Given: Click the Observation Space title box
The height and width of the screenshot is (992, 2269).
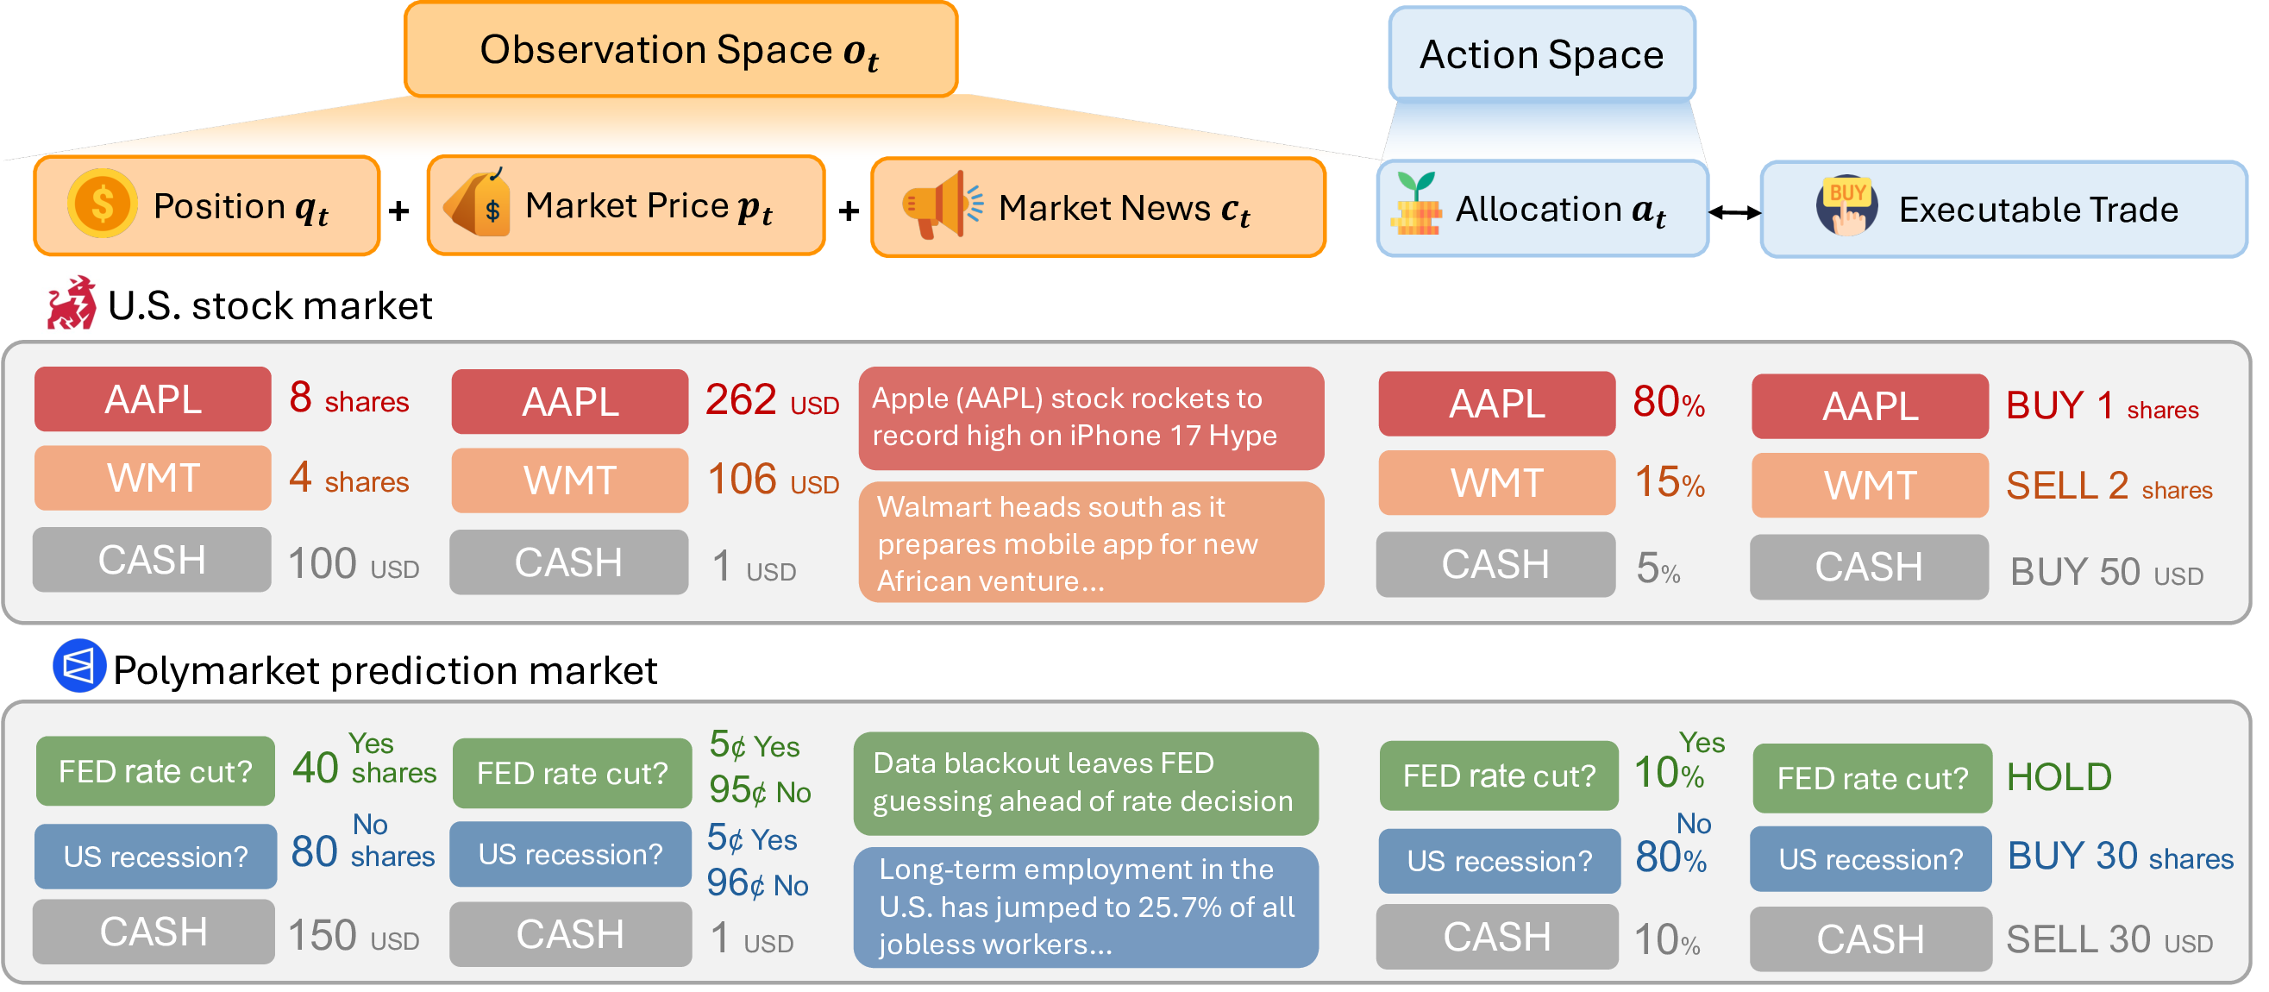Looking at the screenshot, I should click(680, 49).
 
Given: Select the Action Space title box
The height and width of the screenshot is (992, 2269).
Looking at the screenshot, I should click(1541, 54).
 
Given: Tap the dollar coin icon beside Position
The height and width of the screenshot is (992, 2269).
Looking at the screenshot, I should click(102, 204).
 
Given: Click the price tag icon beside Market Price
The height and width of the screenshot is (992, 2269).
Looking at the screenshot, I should click(479, 204).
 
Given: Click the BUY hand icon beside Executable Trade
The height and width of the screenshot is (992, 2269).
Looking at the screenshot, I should click(1846, 206).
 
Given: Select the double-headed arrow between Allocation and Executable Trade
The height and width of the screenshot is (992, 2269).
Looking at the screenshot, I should click(1733, 212).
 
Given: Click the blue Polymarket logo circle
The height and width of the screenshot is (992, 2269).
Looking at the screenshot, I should click(78, 667).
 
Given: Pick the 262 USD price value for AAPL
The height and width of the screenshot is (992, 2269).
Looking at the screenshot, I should click(772, 401).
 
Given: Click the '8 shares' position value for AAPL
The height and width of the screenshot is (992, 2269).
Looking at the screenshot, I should click(348, 399).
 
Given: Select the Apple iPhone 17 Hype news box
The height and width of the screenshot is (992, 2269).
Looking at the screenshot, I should click(1090, 418).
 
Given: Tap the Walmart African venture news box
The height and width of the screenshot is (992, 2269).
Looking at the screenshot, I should click(1090, 543).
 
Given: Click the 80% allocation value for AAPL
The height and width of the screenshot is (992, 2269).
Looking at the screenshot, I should click(1668, 403).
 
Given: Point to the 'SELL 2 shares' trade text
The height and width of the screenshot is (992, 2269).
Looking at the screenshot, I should click(2109, 487).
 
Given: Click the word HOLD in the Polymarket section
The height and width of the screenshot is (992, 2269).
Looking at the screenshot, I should click(2059, 777).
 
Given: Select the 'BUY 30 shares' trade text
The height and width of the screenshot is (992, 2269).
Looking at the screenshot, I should click(2119, 857).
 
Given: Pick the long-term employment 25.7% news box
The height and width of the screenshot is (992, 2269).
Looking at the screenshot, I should click(1085, 907).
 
